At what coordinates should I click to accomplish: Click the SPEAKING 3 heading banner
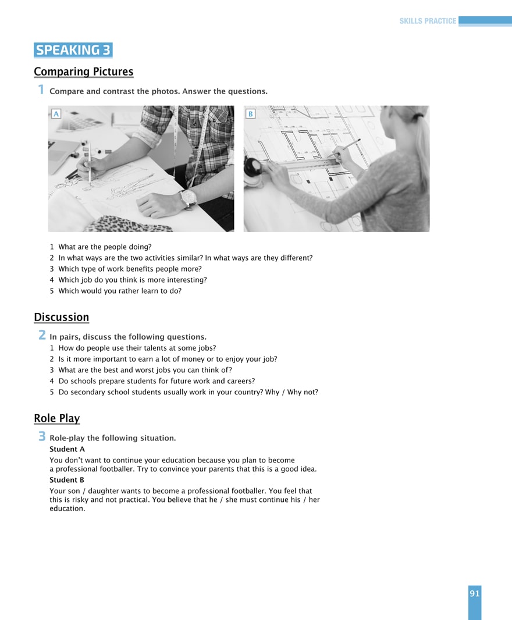point(73,50)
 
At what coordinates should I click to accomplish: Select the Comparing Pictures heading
point(83,72)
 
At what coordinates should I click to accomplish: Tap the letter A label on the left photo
point(56,114)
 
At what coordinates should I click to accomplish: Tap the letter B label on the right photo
point(250,114)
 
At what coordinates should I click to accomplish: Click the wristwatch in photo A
point(188,198)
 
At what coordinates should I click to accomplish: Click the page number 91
point(474,594)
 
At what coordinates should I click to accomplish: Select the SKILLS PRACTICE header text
point(428,21)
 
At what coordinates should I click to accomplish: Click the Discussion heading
point(61,318)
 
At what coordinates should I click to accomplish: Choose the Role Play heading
point(56,419)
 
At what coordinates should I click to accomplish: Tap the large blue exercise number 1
point(41,90)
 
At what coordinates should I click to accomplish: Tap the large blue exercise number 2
point(42,335)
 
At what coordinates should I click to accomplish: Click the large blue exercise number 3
point(42,436)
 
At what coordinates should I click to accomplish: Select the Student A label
point(67,450)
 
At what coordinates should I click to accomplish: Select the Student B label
point(67,480)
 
